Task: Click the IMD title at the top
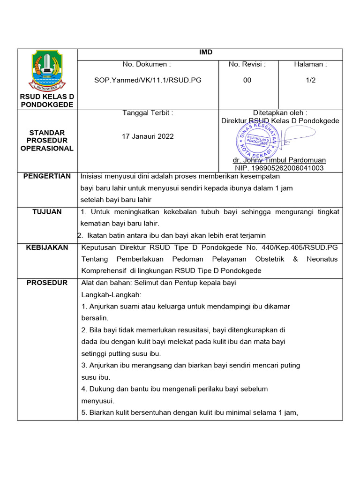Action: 206,52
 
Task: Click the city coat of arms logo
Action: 46,71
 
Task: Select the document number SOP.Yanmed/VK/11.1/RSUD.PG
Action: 148,80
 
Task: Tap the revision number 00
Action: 247,80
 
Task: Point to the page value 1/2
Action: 310,80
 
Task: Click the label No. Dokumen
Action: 147,64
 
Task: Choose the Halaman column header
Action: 310,64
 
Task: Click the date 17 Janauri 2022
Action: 148,136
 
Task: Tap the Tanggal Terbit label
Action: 148,113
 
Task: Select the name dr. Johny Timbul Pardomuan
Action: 279,160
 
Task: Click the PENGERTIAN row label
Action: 47,176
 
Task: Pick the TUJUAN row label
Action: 47,212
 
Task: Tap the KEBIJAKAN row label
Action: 47,247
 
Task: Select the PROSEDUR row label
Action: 47,283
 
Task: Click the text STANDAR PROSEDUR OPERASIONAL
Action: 47,140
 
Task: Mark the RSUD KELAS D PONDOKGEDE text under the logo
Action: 47,100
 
